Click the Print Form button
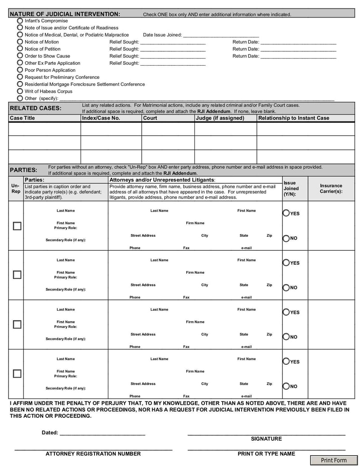click(333, 460)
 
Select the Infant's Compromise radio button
click(20, 21)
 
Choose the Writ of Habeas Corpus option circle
click(20, 91)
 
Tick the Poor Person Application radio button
click(20, 70)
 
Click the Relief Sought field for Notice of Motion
click(173, 42)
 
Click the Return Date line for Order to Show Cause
click(298, 56)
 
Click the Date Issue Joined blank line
click(221, 35)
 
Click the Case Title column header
click(22, 118)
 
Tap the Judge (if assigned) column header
click(220, 118)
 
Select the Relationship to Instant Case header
click(293, 118)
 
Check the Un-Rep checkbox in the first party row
click(17, 226)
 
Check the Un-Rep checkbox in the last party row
click(17, 374)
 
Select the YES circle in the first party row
click(286, 213)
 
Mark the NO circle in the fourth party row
click(286, 386)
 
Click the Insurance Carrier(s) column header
click(331, 188)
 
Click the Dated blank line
click(102, 433)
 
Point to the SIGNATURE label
click(266, 439)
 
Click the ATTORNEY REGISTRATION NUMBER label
click(93, 454)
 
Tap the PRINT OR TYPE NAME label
click(266, 454)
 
